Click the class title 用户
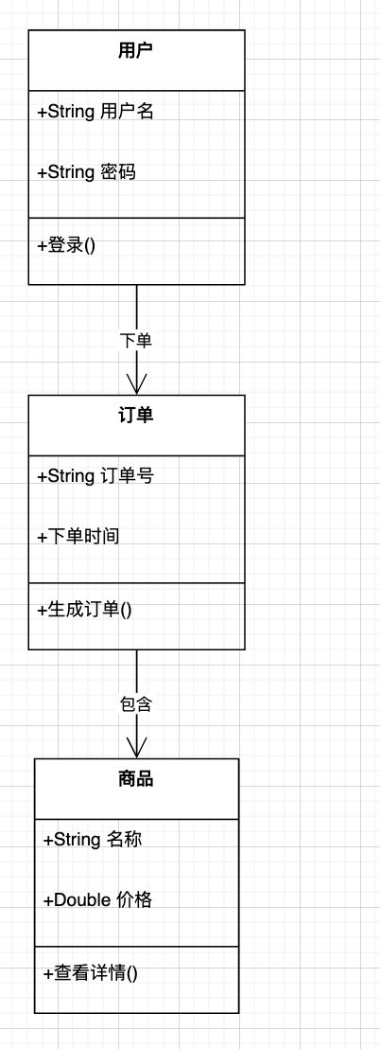pos(136,51)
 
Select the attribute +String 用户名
pos(95,112)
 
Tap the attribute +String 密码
pos(86,172)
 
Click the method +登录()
pos(66,245)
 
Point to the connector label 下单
pos(136,340)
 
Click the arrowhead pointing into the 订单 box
pos(137,383)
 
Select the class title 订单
pos(136,416)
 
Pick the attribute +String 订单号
pos(95,476)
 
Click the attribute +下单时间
pos(78,537)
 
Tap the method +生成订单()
pos(84,610)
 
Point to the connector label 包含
pos(136,704)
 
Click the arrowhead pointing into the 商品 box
pos(137,747)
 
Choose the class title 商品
pos(136,779)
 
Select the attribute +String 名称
pos(93,839)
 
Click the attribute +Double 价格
pos(97,899)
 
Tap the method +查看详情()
pos(91,972)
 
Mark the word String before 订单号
pos(71,476)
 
